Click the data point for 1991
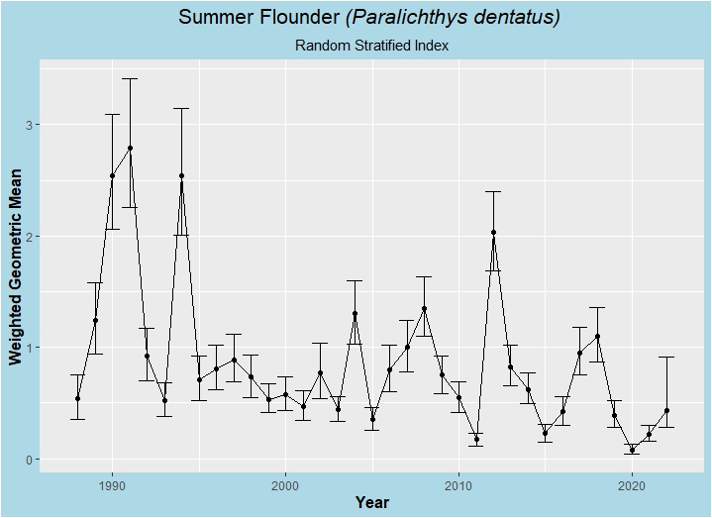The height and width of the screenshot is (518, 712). (130, 149)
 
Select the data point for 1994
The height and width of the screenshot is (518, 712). (181, 176)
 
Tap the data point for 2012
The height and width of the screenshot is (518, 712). (493, 233)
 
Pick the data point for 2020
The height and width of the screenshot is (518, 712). (632, 451)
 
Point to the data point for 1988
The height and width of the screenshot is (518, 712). (77, 399)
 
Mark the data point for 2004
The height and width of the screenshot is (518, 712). (355, 314)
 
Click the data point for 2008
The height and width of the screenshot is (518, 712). (424, 309)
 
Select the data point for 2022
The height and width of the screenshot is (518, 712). (666, 411)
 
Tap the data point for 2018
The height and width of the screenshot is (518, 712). (597, 337)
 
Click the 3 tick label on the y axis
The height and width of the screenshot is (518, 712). (28, 126)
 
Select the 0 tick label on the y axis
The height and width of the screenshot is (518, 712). (28, 460)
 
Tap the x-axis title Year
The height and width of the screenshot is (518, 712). (371, 503)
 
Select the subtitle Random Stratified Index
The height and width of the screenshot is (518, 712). (372, 46)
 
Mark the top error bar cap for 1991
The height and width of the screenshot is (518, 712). (130, 78)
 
